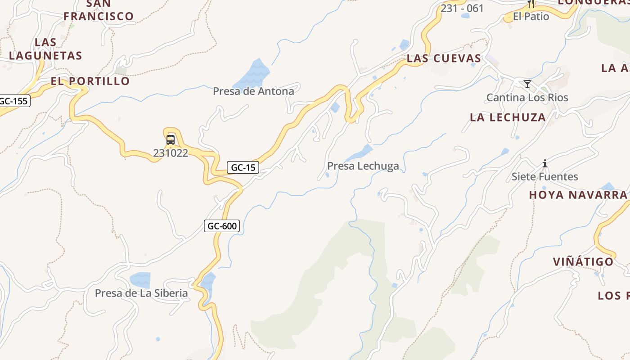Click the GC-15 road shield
pyautogui.click(x=243, y=167)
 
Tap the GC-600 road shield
pyautogui.click(x=222, y=225)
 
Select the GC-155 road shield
pyautogui.click(x=14, y=101)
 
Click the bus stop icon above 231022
pyautogui.click(x=171, y=139)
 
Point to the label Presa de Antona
pyautogui.click(x=253, y=91)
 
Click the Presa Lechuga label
pyautogui.click(x=363, y=166)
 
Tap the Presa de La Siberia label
pyautogui.click(x=141, y=293)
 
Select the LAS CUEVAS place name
pyautogui.click(x=444, y=58)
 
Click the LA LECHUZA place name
pyautogui.click(x=508, y=117)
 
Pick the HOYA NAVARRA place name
pyautogui.click(x=578, y=195)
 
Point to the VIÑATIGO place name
pyautogui.click(x=583, y=261)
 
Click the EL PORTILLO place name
pyautogui.click(x=90, y=81)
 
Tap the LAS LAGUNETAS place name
pyautogui.click(x=45, y=49)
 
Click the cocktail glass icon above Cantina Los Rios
pyautogui.click(x=527, y=84)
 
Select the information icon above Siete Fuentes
pyautogui.click(x=545, y=163)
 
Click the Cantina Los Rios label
pyautogui.click(x=527, y=98)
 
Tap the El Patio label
pyautogui.click(x=531, y=17)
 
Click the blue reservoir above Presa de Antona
pyautogui.click(x=253, y=73)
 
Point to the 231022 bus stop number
pyautogui.click(x=171, y=153)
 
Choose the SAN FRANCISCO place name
pyautogui.click(x=99, y=10)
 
